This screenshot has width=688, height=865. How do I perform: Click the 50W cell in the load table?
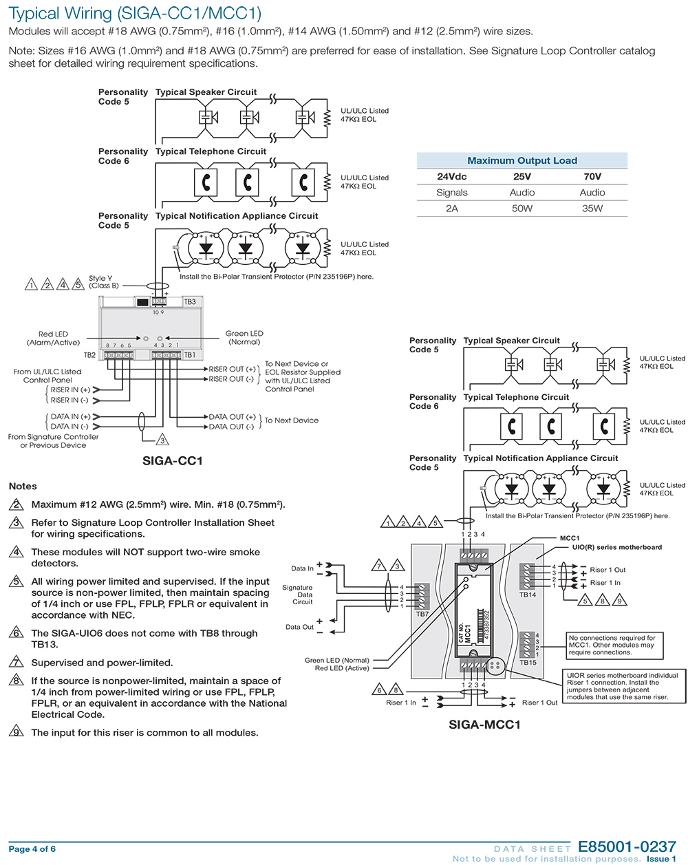tap(522, 209)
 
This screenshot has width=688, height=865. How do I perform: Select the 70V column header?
tap(592, 176)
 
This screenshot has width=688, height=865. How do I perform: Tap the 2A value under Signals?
tap(452, 209)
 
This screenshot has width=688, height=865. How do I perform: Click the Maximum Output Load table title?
tap(522, 160)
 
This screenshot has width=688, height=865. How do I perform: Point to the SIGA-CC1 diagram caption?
tap(173, 460)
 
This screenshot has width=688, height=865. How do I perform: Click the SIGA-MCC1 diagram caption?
tap(484, 725)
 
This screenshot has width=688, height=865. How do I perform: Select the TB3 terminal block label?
tap(190, 302)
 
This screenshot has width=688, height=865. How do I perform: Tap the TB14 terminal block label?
tap(527, 595)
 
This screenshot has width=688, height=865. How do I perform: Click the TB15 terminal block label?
tap(528, 663)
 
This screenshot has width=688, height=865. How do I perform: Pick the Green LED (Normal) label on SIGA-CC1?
tap(244, 338)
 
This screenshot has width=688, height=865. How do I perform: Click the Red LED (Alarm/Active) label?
tap(53, 338)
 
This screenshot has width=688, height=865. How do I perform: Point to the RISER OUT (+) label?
tap(233, 369)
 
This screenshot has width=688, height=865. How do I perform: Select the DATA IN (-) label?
tap(69, 427)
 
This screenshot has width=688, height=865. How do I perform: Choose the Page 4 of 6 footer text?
tap(32, 849)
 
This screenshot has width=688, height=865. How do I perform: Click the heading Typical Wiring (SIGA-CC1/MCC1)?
tap(135, 13)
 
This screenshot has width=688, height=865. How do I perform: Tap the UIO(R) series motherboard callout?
tap(617, 547)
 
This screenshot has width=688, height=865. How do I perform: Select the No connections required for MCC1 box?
tap(614, 645)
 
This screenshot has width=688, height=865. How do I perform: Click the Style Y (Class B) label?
tap(104, 281)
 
